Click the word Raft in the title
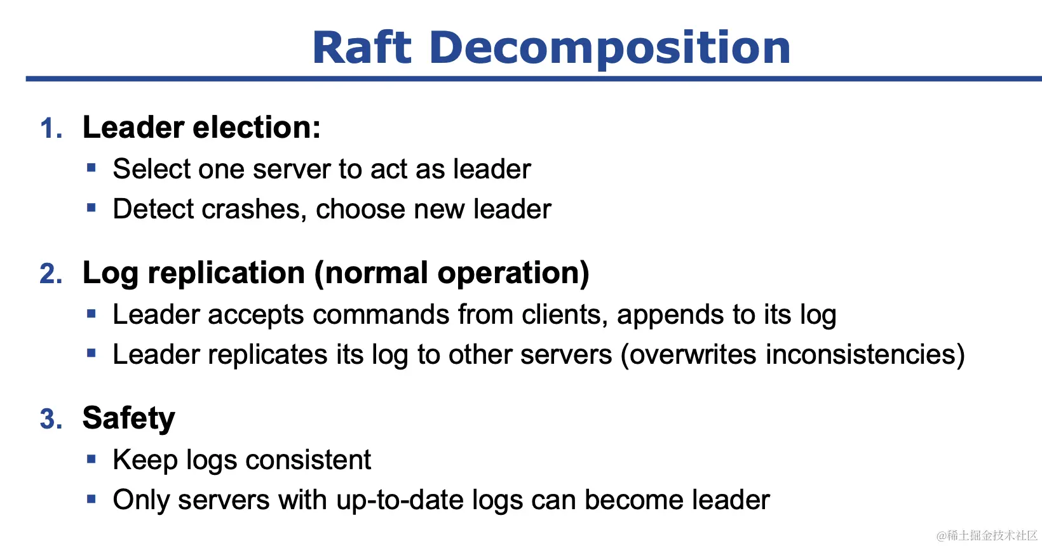362,48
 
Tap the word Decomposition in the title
609,49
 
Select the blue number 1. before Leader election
51,128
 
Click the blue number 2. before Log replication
51,273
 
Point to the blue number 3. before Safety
51,418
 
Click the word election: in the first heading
257,127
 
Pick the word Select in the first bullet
151,168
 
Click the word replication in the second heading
226,273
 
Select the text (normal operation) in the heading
452,273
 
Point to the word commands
381,314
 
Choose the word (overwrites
689,354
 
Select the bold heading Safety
129,418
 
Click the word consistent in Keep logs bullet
308,460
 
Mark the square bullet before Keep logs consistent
91,460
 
